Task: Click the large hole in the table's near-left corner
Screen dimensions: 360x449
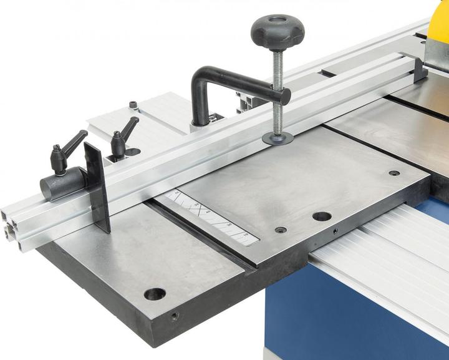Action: pos(154,293)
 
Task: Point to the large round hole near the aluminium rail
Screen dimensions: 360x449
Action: pos(322,216)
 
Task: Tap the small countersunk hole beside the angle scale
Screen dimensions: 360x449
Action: pos(281,230)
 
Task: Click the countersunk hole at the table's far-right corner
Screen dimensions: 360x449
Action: pos(394,173)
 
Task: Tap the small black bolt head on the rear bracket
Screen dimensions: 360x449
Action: pos(133,105)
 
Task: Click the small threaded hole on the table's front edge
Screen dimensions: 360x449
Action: pos(175,316)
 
